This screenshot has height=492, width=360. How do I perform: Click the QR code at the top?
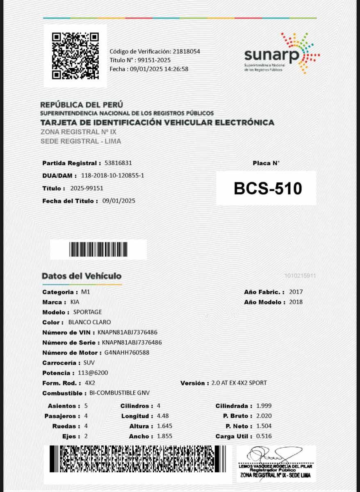point(75,56)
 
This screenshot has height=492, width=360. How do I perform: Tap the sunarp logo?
point(282,54)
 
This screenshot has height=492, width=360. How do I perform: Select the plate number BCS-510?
point(268,188)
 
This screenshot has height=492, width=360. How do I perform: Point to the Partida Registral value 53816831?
point(118,163)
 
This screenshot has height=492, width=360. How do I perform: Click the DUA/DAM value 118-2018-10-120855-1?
point(112,175)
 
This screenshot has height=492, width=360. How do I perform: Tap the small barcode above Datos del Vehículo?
point(98,249)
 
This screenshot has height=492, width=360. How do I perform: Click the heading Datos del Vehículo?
point(82,276)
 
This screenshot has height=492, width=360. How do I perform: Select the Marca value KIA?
point(75,302)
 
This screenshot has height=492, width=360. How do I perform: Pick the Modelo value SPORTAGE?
point(87,312)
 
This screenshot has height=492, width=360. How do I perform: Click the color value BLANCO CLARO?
point(89,322)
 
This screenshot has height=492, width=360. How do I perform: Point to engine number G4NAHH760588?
point(127,352)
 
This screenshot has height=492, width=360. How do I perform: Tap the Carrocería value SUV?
point(89,362)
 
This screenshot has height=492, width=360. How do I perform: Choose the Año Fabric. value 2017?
point(296,292)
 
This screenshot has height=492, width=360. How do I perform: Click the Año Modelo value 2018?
point(296,302)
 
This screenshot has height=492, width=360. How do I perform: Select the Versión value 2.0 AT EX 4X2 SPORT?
point(239,383)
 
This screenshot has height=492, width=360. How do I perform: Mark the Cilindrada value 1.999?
point(264,406)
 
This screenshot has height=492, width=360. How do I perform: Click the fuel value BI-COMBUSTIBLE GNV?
point(119,393)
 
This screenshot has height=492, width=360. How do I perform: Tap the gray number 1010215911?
point(300,276)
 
